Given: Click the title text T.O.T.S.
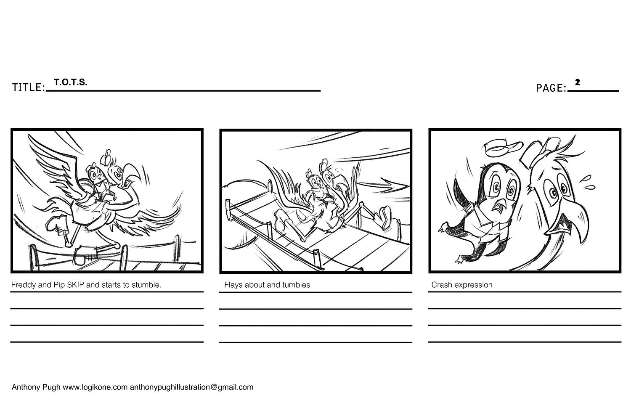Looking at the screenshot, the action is coord(71,82).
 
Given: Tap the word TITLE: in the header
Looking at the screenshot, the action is coord(29,87).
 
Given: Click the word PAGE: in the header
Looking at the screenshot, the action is coord(551,88).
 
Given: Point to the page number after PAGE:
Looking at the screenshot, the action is coord(577,82).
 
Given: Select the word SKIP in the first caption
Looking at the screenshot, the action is coord(75,285).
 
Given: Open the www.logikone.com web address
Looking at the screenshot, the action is coord(95,387).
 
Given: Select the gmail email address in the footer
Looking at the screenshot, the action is coord(191,387).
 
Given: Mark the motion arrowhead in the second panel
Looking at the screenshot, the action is coord(395,184).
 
